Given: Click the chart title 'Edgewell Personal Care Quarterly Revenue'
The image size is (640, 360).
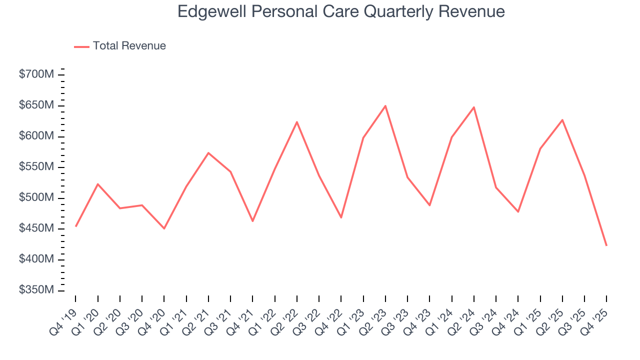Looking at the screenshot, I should [341, 12].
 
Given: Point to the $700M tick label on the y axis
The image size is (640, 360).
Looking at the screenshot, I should [36, 75].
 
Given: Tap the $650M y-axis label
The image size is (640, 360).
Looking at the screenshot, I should [36, 105].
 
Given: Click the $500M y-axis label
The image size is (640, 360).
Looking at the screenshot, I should [36, 198].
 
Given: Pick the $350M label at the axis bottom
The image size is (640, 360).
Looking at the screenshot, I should [36, 290].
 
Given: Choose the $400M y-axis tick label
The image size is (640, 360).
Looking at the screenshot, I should [36, 259].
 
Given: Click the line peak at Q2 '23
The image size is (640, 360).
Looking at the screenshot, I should [385, 105].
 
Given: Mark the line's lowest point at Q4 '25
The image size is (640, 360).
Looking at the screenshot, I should [606, 245].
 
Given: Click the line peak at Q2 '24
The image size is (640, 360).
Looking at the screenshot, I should [474, 107].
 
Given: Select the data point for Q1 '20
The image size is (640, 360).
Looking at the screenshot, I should [98, 184].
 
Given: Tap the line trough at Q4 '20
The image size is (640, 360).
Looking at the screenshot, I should [164, 228].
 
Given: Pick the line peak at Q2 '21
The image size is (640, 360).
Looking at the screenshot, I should [208, 152].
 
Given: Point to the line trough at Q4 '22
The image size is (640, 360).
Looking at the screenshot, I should [341, 217].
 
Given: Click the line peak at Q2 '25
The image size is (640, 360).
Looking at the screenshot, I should [562, 119].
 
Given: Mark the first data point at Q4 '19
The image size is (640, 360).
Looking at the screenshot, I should [76, 226].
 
